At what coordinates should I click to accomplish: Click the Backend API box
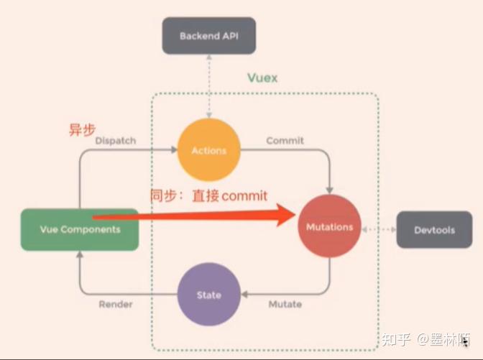[x=208, y=35]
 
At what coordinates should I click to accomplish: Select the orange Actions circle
[x=208, y=150]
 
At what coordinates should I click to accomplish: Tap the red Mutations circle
[x=330, y=227]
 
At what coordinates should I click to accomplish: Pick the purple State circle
[x=208, y=295]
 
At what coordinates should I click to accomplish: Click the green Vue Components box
[x=79, y=229]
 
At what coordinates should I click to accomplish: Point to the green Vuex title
[x=262, y=78]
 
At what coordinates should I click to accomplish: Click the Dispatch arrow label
[x=116, y=141]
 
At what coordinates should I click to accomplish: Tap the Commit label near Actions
[x=285, y=140]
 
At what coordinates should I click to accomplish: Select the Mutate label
[x=285, y=304]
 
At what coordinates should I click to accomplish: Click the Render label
[x=116, y=304]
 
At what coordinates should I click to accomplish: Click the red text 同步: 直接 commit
[x=208, y=195]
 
